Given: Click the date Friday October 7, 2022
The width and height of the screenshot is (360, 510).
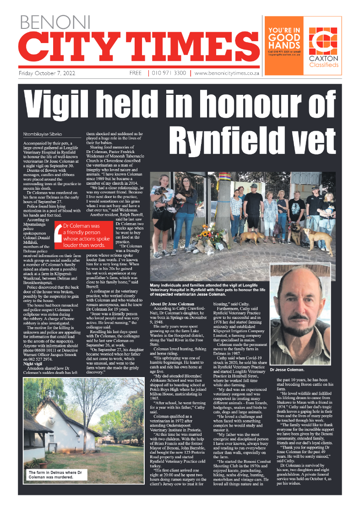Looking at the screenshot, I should tap(47, 73).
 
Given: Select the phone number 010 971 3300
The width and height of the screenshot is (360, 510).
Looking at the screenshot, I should tap(169, 73).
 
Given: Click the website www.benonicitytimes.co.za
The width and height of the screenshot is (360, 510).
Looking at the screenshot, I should tap(227, 73).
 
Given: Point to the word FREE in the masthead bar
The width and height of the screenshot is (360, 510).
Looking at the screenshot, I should tap(136, 73).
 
